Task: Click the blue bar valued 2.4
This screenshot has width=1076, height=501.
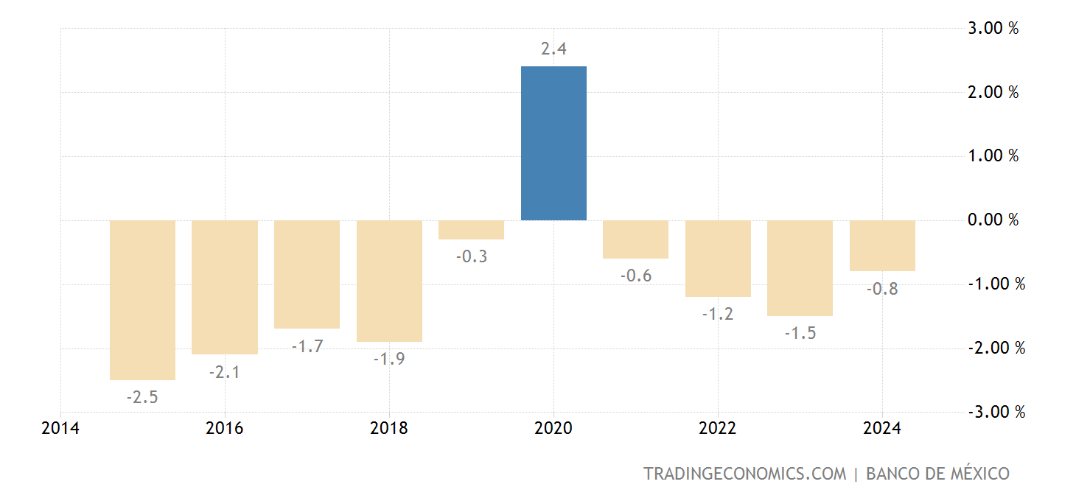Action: point(553,144)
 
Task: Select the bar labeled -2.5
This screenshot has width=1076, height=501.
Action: point(142,300)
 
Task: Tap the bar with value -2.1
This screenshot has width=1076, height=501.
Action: point(225,287)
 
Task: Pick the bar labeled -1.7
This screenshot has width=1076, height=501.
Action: point(307,274)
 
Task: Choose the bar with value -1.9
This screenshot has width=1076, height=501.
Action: point(389,281)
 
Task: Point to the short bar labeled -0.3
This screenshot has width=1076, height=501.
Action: point(472,230)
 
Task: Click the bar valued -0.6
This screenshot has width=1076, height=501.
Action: point(636,239)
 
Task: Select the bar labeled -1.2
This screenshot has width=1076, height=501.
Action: point(718,259)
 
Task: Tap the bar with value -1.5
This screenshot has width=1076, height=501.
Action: point(800,268)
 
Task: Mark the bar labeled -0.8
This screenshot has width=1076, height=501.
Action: point(882,246)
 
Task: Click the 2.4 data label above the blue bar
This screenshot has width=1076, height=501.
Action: point(553,49)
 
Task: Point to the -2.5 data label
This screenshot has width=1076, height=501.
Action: point(142,397)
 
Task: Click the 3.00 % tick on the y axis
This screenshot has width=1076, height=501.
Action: point(993,29)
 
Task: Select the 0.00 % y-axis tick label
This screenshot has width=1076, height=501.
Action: point(993,220)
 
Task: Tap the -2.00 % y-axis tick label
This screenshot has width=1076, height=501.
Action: point(996,348)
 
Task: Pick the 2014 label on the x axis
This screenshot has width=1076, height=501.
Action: point(61,428)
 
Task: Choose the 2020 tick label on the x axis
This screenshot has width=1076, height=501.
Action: point(553,428)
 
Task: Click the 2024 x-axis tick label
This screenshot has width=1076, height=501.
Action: point(882,428)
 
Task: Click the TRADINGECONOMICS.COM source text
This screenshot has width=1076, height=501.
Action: point(745,474)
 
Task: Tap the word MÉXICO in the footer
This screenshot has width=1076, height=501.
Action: point(974,474)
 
